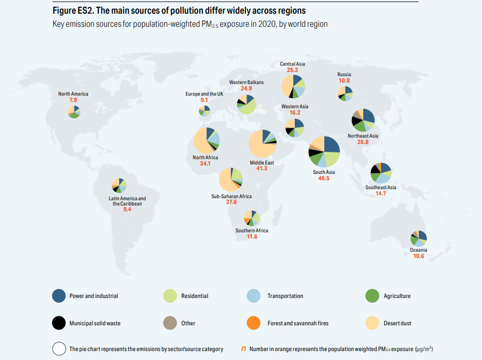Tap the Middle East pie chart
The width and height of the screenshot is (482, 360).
(263, 143)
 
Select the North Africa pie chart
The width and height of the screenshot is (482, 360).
(207, 140)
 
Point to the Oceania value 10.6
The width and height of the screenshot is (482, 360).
(418, 256)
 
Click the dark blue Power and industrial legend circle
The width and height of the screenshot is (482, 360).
(58, 296)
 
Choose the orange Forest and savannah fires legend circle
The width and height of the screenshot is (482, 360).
(253, 323)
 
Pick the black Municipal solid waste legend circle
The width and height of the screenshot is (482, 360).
(58, 323)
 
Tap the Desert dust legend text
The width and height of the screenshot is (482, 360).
(397, 323)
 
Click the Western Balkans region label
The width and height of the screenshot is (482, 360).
(247, 83)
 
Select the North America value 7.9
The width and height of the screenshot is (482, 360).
(73, 100)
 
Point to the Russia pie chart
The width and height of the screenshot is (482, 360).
(345, 93)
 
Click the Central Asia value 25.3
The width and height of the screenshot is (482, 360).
(292, 70)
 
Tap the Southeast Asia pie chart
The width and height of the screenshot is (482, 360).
(381, 173)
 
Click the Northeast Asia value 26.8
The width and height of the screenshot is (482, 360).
(363, 142)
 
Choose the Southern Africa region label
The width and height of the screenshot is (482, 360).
(252, 231)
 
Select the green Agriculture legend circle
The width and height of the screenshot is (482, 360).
(372, 296)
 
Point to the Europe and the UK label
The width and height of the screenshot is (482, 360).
(204, 94)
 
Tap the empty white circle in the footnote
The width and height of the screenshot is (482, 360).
(58, 349)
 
